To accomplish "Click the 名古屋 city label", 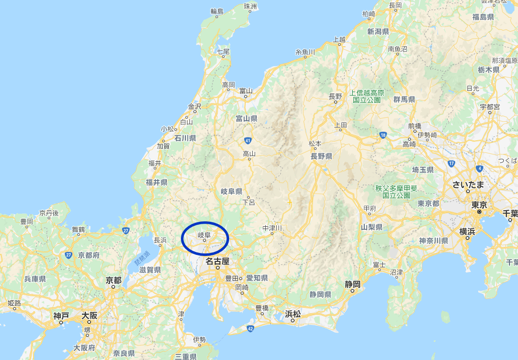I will pos(217,261).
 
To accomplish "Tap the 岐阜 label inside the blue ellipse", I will pos(204,235).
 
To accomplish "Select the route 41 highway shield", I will pos(248,140).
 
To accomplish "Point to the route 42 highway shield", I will pos(250,328).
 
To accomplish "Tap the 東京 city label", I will pos(479,205).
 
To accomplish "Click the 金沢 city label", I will pos(194,107).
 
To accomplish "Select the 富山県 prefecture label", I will pos(246,119).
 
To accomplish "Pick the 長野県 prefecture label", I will pos(321,156).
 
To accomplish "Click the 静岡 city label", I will pos(353,284).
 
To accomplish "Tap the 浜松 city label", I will pos(292,314).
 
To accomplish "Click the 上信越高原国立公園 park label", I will pos(367,96).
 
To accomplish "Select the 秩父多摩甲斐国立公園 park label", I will pos(396,191).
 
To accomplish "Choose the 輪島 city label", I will pos(217,11).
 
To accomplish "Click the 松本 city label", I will pos(315,143).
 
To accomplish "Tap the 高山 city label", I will pos(249,153).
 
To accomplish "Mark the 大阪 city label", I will pos(90,316).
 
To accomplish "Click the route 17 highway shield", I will pos(451,163).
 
